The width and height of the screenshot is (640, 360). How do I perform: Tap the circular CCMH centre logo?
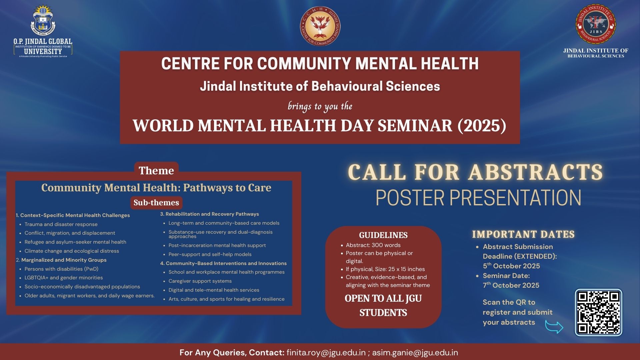coord(320,26)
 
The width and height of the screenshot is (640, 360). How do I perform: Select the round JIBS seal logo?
coord(596,24)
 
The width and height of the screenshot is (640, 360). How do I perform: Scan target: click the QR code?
coord(598,312)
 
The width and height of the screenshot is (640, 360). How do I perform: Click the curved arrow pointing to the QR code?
coord(554,326)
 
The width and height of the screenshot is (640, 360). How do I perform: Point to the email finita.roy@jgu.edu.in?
coord(326,352)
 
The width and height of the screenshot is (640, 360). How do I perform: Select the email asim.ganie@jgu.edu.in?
coord(415,352)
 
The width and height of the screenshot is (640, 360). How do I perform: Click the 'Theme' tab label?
coord(156,170)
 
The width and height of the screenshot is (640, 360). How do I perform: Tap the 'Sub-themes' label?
coord(156,202)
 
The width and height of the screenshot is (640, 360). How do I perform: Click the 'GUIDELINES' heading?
coord(383,235)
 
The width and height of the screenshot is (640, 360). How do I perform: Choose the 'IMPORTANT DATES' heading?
coord(523,234)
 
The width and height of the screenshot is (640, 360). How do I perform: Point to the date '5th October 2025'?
coord(511,266)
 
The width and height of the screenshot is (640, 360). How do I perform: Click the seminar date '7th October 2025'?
coord(511,285)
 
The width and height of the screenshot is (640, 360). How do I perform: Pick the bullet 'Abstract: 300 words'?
coord(373,245)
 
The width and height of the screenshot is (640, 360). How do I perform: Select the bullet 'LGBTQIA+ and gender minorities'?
coord(64,278)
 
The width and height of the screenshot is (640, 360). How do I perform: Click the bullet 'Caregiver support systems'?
coord(200,281)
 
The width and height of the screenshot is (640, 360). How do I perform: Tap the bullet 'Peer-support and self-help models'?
coord(210,254)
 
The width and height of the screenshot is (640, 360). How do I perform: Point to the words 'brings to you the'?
coord(320,106)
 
